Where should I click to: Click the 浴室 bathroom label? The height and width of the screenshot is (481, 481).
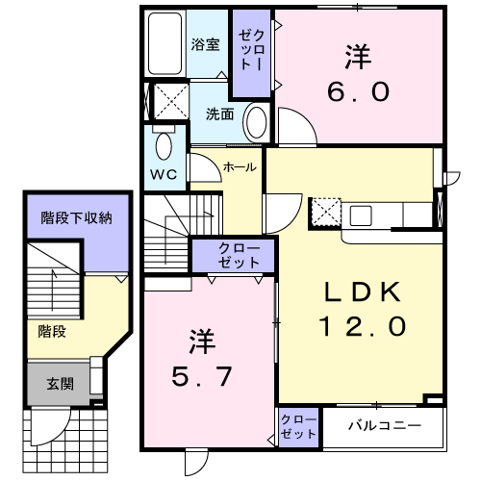click(205, 44)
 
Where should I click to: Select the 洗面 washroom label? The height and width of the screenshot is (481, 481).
click(219, 114)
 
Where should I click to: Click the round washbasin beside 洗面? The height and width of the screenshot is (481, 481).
click(256, 123)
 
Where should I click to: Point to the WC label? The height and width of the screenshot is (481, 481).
click(162, 175)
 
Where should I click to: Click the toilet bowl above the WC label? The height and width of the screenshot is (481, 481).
click(163, 146)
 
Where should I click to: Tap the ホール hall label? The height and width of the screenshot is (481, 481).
click(240, 167)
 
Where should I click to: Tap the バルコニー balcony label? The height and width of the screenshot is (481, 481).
click(385, 424)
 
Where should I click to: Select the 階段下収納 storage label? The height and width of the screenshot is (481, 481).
click(76, 218)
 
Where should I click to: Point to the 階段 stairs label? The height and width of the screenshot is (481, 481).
click(51, 331)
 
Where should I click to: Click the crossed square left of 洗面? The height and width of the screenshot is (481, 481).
click(170, 100)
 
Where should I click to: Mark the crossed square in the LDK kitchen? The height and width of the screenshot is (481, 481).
click(325, 211)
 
